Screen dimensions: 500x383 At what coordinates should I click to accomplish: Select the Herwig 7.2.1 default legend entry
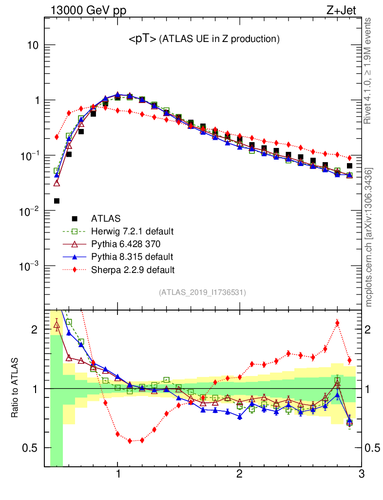(x=133, y=231)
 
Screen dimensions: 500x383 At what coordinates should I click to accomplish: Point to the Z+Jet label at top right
(x=345, y=10)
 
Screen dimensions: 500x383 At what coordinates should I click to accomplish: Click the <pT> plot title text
(x=204, y=39)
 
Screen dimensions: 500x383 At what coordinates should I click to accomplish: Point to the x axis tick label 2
(x=239, y=474)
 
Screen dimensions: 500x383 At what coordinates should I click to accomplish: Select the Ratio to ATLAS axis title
(x=15, y=388)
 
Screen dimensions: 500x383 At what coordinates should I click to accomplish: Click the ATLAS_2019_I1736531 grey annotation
(x=202, y=292)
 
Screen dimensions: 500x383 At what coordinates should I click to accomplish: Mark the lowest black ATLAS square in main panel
(x=57, y=201)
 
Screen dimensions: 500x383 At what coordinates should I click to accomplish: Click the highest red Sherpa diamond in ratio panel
(x=337, y=323)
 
